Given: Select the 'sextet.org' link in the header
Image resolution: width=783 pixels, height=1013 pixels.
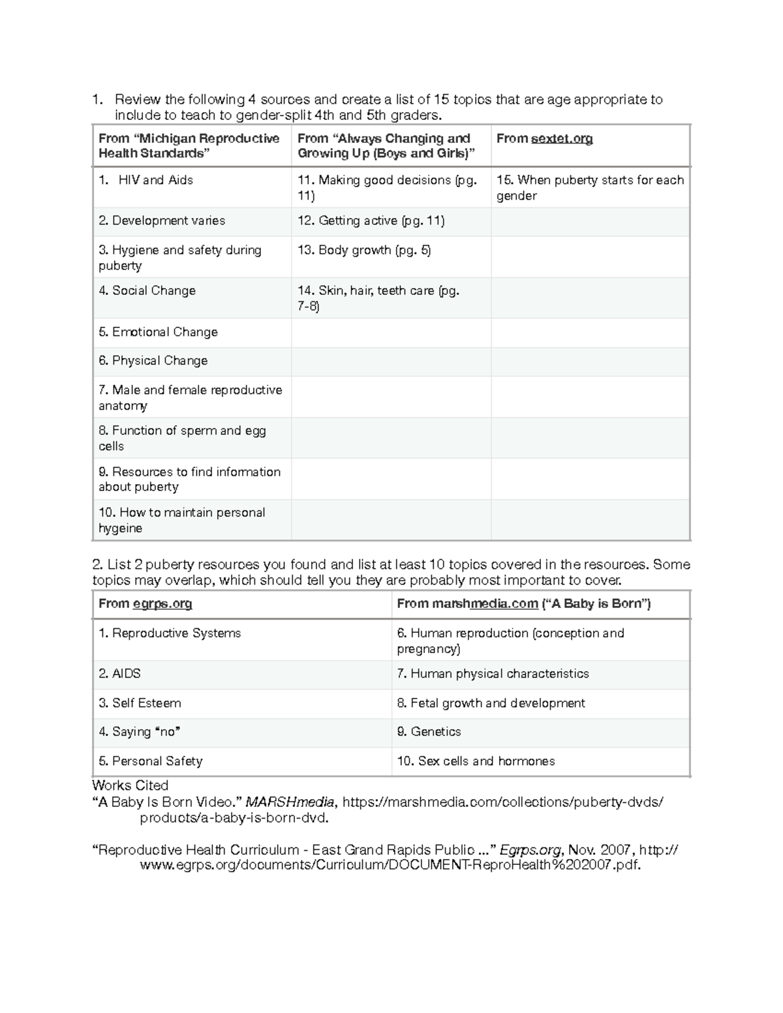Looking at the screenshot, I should [x=562, y=139].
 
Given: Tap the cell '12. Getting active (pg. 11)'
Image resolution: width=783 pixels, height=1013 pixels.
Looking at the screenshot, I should [x=371, y=221].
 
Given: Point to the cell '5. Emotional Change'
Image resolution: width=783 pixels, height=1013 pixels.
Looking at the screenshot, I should [x=158, y=332].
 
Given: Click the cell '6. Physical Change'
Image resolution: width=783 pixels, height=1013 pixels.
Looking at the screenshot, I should [x=153, y=361].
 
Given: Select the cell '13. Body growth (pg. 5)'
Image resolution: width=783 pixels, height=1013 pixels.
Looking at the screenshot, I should [x=364, y=250].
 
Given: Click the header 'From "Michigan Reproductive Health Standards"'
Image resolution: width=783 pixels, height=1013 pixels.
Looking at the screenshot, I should [x=189, y=146].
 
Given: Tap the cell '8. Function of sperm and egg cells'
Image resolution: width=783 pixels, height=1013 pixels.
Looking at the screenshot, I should [x=182, y=438].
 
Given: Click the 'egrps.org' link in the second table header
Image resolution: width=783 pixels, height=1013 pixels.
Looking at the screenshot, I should [x=162, y=604].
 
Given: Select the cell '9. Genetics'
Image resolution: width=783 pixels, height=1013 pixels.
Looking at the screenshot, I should [x=429, y=732].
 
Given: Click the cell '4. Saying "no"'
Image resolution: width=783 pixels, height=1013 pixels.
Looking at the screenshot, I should [x=139, y=732].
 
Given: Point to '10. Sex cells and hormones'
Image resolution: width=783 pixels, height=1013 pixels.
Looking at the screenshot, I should [x=476, y=761].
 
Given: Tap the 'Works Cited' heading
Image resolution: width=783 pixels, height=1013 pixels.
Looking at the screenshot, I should [x=130, y=785].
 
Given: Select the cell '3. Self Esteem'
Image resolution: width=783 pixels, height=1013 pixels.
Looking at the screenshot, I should [x=140, y=703].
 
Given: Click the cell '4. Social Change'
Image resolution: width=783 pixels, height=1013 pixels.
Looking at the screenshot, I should [x=147, y=291].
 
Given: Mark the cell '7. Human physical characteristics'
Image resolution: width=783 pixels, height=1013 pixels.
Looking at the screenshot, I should [x=493, y=674].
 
